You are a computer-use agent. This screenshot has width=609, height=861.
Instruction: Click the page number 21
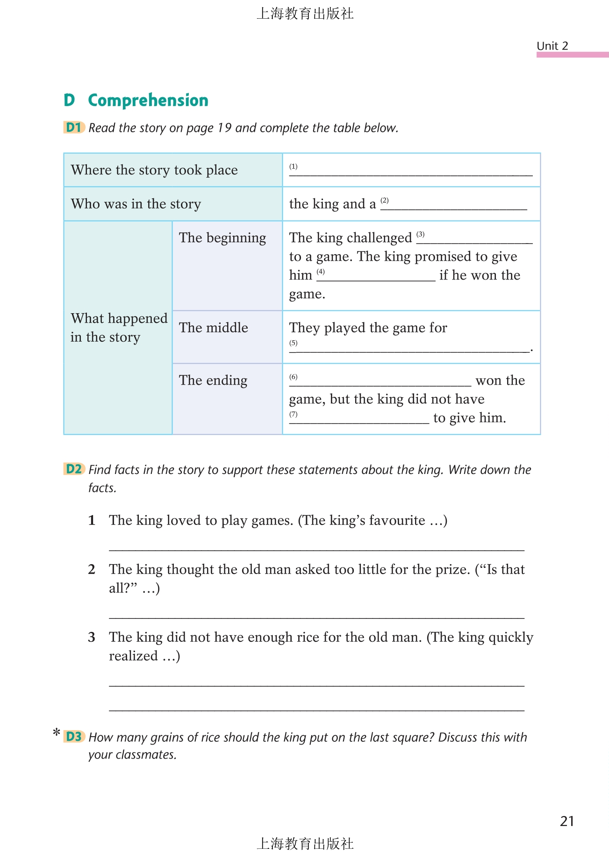point(566,821)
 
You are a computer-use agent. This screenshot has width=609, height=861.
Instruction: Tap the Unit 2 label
point(552,46)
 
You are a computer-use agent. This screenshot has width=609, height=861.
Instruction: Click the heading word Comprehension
point(148,100)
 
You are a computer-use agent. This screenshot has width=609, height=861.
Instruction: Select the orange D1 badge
point(74,127)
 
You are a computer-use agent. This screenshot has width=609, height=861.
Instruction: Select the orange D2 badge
point(74,469)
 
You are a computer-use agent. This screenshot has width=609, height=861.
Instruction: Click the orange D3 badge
point(74,737)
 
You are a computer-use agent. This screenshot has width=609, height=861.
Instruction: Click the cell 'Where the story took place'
point(154,170)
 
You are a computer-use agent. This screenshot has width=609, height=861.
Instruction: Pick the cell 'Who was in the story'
point(136,204)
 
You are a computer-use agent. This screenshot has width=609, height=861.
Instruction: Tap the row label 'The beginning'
point(222,238)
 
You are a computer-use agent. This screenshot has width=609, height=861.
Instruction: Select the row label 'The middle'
point(214,328)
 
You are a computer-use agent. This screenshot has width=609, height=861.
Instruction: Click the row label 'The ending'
point(213,380)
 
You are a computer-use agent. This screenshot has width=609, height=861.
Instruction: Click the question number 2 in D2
point(92,569)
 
